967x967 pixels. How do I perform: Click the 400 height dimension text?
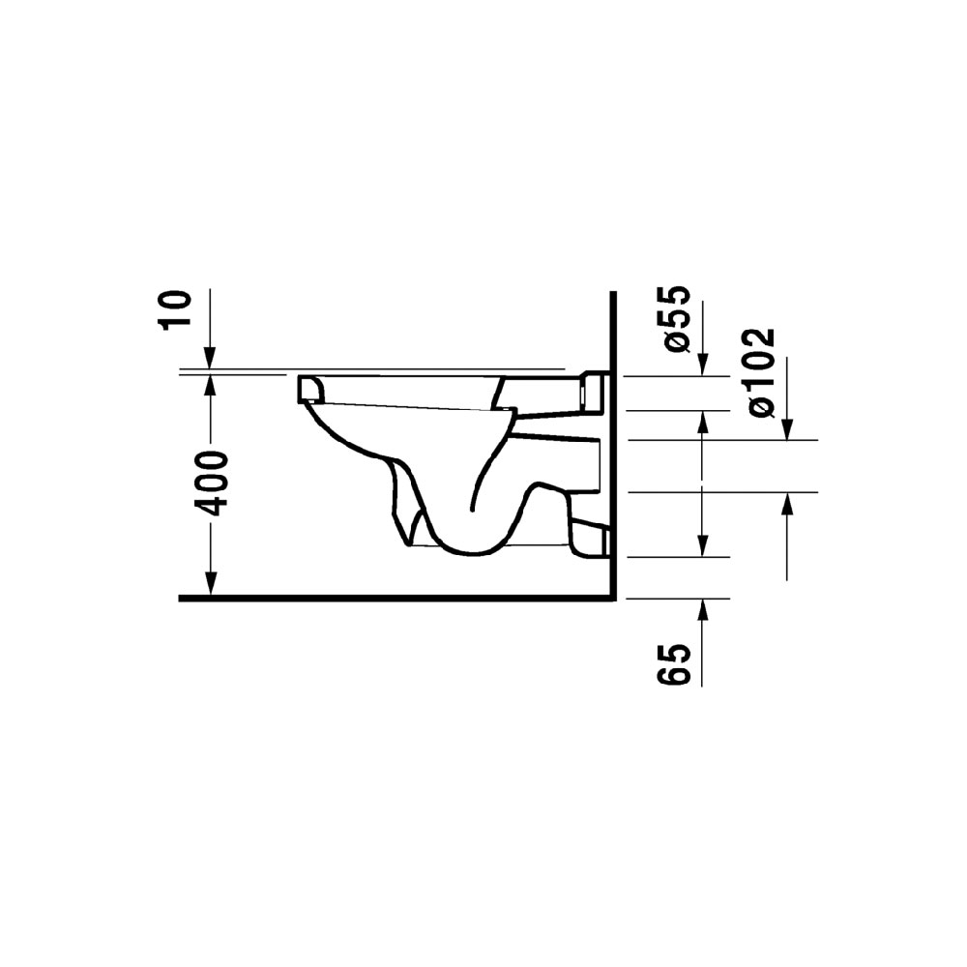[210, 483]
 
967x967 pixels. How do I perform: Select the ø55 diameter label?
[674, 319]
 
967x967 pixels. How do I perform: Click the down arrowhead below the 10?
[210, 359]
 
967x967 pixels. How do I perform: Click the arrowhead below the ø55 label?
[702, 364]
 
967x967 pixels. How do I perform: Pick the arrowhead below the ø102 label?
[787, 428]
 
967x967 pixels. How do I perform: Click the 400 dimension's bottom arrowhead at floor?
[210, 584]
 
